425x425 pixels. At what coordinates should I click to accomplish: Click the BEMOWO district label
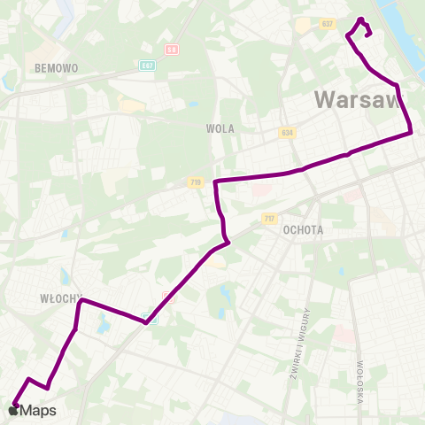tap(57, 67)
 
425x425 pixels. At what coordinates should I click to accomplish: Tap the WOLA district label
tap(220, 128)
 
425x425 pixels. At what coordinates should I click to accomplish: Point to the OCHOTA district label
tap(304, 229)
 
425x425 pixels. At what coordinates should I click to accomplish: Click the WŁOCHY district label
tap(59, 298)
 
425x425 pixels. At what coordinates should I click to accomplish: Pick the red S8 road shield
tap(172, 50)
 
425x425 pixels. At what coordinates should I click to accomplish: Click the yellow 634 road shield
tap(285, 133)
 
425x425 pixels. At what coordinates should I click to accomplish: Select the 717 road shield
tap(269, 218)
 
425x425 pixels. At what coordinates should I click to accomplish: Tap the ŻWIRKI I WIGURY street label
tap(297, 344)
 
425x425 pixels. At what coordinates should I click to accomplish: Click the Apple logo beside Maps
tap(13, 410)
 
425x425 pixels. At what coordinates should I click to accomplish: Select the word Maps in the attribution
tap(38, 410)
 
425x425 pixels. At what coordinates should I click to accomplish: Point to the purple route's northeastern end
tap(368, 34)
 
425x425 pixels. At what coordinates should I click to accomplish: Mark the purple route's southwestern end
tap(15, 405)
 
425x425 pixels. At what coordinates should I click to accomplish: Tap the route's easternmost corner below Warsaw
tap(412, 133)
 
